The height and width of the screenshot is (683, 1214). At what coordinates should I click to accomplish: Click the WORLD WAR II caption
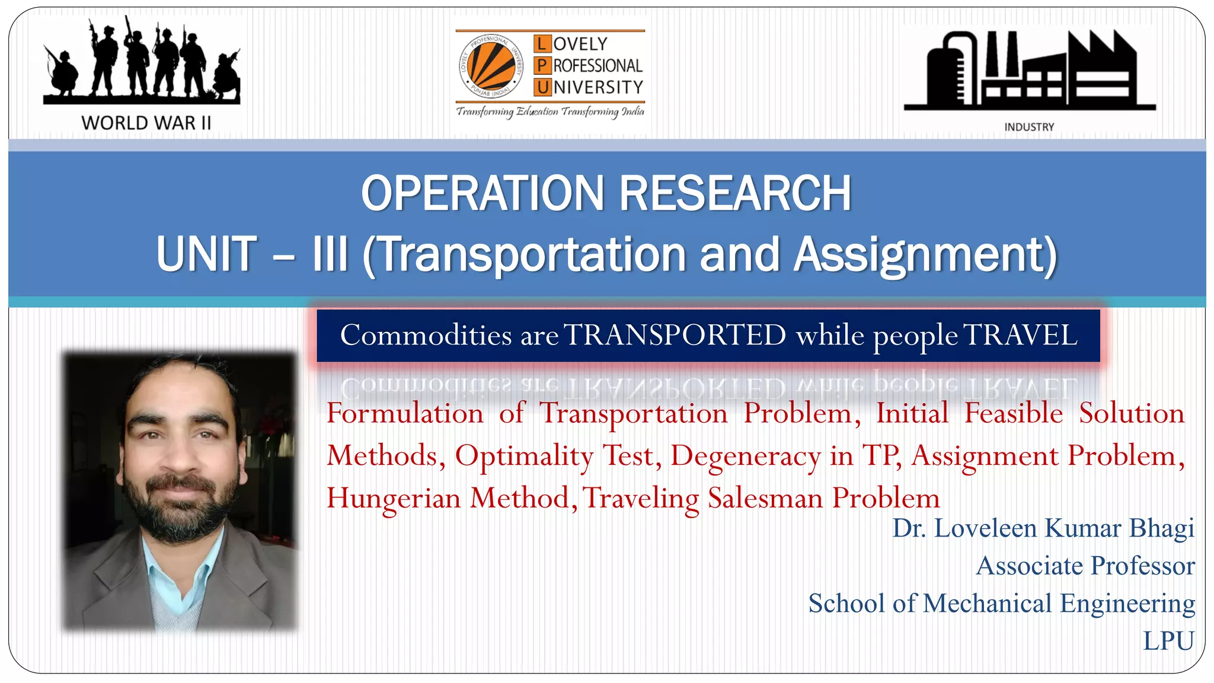(x=146, y=123)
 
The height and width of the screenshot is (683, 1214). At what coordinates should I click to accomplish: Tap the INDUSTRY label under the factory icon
(x=1029, y=127)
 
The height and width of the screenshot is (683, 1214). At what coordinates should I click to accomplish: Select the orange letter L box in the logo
(x=542, y=44)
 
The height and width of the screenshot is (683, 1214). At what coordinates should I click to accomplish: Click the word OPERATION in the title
(x=484, y=193)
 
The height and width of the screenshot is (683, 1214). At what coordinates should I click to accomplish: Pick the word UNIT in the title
(x=206, y=254)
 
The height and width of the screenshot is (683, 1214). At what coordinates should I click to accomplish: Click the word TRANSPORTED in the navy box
(x=675, y=336)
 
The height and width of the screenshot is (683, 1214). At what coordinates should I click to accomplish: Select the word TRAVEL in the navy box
(x=1020, y=336)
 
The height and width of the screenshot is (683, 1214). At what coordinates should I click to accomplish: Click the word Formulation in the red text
(x=405, y=413)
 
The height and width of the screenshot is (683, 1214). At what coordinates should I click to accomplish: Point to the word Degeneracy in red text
(x=746, y=456)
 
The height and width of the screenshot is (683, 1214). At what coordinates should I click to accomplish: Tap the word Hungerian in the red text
(x=394, y=498)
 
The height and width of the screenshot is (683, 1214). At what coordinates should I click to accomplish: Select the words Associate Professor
(x=1085, y=566)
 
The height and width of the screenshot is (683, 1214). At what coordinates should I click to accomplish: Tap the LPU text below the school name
(x=1168, y=641)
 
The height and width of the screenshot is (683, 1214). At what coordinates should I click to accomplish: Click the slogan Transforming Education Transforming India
(x=550, y=111)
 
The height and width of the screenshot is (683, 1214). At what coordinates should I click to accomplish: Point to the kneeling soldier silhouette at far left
(x=62, y=74)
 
